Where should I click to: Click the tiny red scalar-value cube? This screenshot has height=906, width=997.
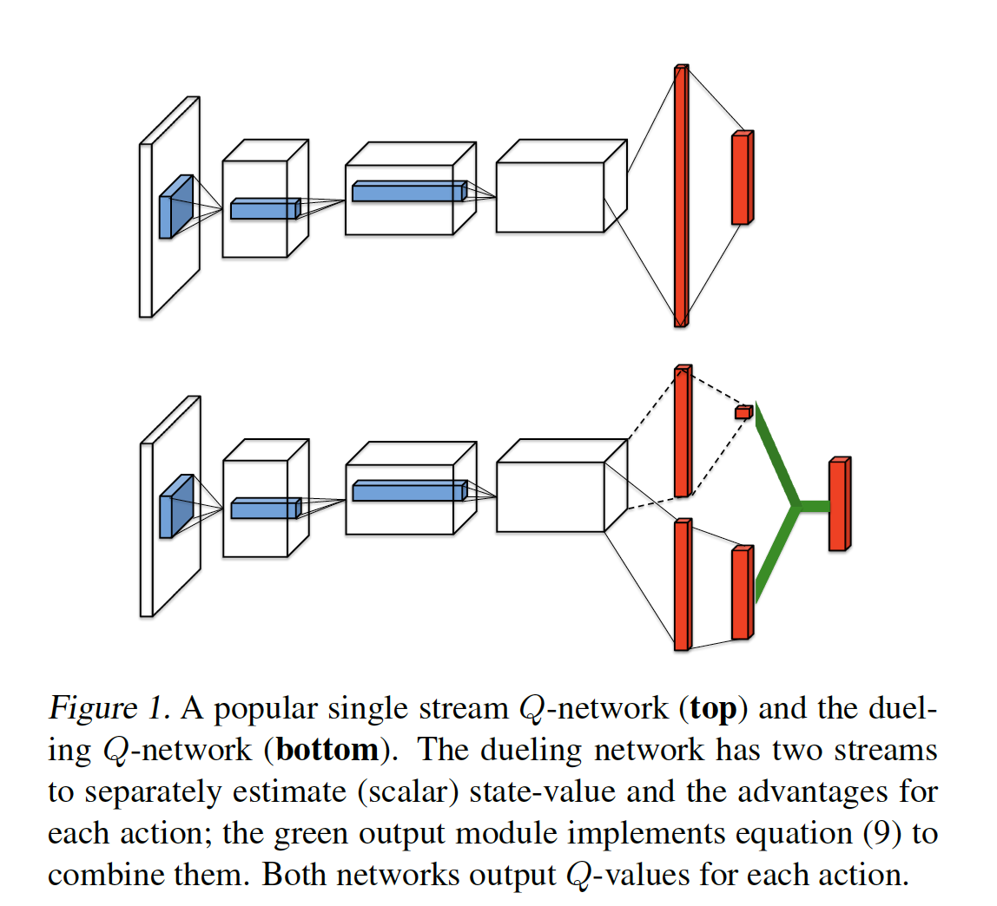[x=743, y=412]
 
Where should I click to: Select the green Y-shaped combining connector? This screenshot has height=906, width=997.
[x=792, y=504]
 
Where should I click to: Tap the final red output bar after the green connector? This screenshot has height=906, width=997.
[x=839, y=504]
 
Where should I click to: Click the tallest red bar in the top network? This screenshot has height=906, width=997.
[x=681, y=196]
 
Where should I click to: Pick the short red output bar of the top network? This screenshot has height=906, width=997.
[x=741, y=178]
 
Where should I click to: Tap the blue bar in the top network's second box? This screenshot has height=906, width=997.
[x=408, y=191]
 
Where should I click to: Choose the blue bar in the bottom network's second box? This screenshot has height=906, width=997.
[x=408, y=492]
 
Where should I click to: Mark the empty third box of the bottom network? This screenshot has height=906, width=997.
[x=551, y=496]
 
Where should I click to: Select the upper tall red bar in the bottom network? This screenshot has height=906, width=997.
[x=683, y=431]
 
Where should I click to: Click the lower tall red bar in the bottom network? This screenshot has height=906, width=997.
[x=683, y=585]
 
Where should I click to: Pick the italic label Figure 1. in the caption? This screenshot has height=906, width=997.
[x=110, y=710]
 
